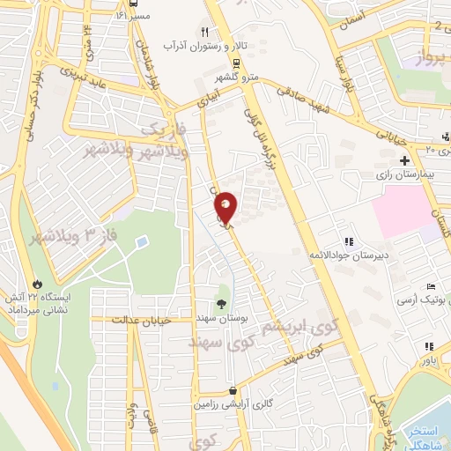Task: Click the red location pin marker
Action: pos(226,208)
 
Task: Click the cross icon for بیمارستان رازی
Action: pos(404,161)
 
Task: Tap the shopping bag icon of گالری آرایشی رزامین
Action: pos(232,390)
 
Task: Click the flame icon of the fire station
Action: pos(37,283)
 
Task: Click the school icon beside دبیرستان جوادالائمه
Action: pos(349,241)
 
